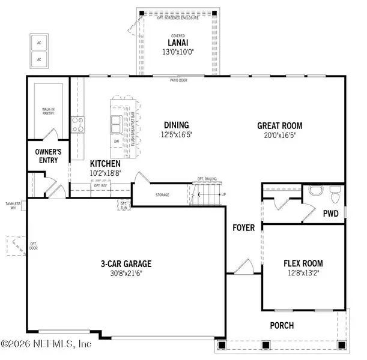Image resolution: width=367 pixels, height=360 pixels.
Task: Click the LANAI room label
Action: click(x=178, y=43)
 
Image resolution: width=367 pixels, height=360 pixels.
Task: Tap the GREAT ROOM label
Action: click(x=280, y=126)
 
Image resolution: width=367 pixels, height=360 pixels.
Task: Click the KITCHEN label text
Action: click(x=105, y=164)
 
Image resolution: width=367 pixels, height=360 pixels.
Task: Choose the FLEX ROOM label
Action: click(x=303, y=263)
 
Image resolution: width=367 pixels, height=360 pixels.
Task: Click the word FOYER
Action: click(x=244, y=228)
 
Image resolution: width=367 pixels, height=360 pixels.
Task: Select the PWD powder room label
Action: click(x=331, y=213)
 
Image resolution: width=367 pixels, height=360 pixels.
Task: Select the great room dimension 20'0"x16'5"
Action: click(x=280, y=136)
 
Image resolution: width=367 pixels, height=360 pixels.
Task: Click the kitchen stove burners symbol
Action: click(x=77, y=124)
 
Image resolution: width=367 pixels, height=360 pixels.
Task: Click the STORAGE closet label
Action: click(x=162, y=195)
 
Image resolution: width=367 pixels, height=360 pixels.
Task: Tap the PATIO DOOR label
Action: click(x=178, y=80)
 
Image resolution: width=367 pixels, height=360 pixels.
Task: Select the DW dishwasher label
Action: click(x=117, y=141)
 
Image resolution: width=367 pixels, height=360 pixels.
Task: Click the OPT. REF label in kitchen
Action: click(x=100, y=187)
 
